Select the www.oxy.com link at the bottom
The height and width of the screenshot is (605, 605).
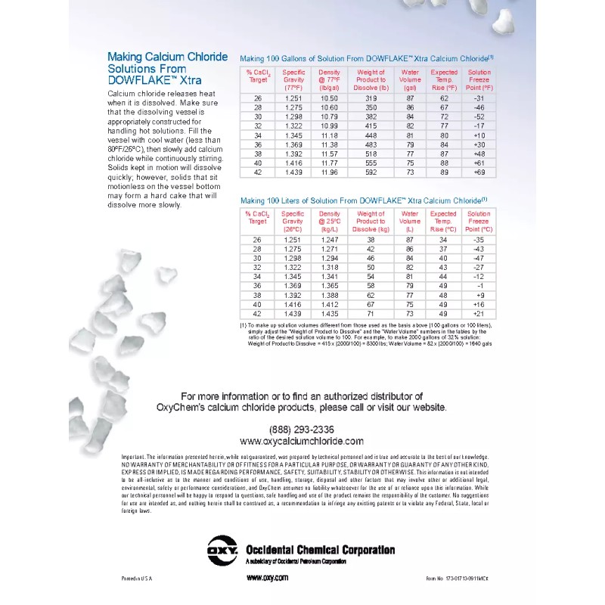pos(267,578)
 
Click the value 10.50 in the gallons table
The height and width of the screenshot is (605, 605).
pos(329,98)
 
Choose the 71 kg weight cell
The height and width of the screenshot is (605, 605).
pos(371,313)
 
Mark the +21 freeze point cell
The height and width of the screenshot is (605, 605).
pos(479,313)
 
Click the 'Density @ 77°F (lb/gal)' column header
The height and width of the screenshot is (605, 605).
pos(329,79)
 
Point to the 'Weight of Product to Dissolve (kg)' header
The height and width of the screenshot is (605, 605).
pos(371,222)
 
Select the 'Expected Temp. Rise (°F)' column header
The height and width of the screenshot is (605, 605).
pos(444,79)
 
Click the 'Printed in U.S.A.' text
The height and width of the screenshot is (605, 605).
pos(136,578)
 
